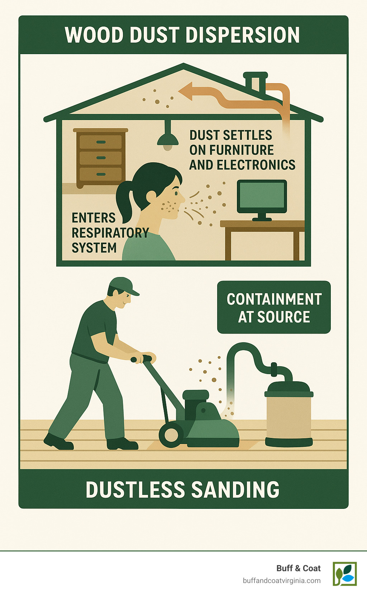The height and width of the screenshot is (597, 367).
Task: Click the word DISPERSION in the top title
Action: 243,35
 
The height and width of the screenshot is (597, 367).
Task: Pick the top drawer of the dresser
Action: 101,142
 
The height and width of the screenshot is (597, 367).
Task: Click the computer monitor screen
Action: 262,196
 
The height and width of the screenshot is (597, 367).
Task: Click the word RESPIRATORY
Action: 110,233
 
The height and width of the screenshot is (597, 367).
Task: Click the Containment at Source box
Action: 274,307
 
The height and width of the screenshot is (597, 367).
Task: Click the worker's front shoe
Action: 122,444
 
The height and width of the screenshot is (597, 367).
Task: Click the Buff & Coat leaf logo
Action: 344,574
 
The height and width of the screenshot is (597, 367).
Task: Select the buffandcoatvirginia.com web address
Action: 282,581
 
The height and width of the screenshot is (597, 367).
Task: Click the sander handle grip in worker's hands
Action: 143,358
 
